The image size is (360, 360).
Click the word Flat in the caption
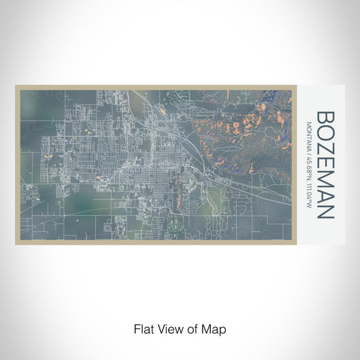point(144,329)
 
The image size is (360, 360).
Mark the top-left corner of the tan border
point(15,86)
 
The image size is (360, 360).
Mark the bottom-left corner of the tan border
point(15,244)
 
